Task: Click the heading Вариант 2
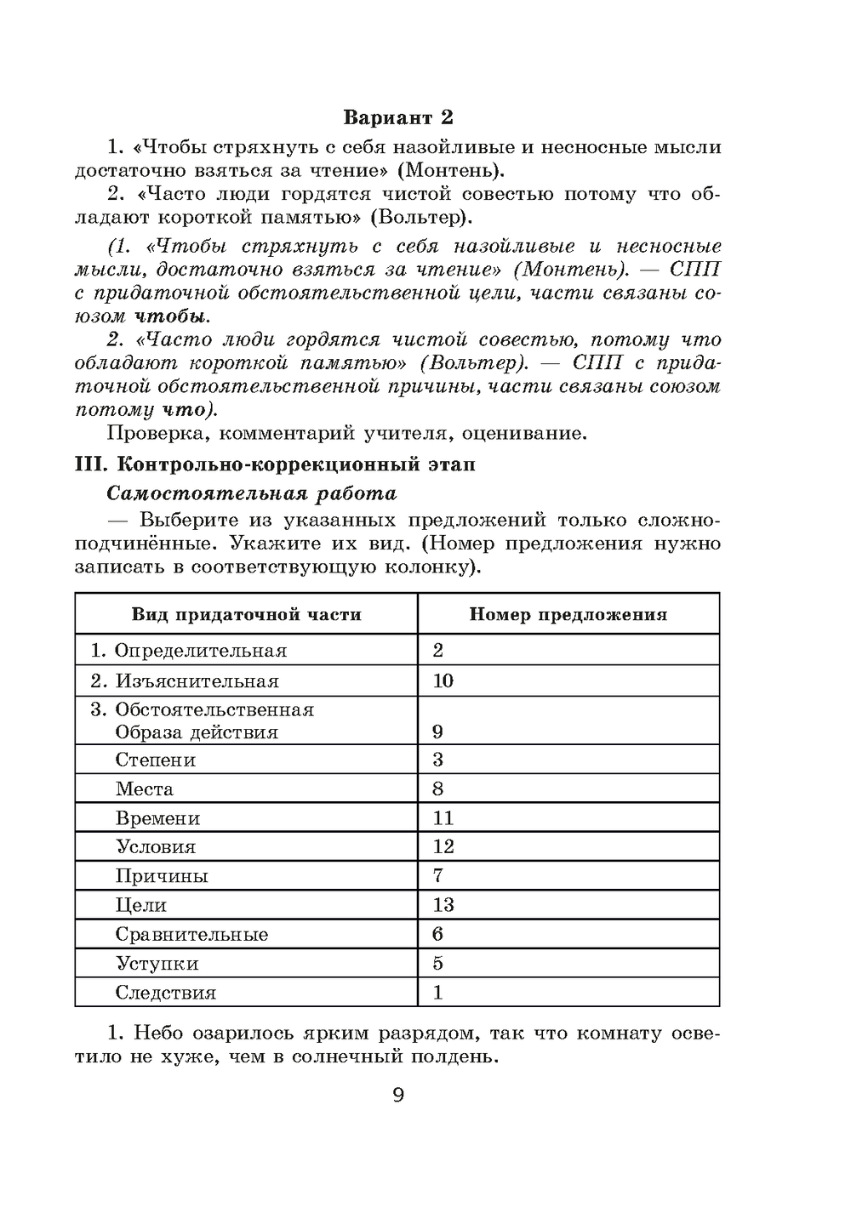[398, 117]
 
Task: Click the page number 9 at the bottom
[398, 1095]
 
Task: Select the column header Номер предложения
[568, 614]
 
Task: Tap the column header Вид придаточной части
[246, 614]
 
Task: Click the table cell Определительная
[200, 651]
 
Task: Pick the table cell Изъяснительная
[197, 681]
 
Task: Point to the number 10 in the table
[443, 680]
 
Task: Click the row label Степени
[156, 760]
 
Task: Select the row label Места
[145, 789]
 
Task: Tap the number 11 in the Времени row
[443, 818]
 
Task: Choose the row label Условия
[156, 847]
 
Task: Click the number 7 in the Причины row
[438, 875]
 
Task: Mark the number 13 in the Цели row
[443, 905]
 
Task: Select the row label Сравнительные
[192, 935]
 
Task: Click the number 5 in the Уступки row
[438, 963]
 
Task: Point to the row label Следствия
[166, 993]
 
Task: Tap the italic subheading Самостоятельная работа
[252, 493]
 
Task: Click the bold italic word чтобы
[170, 316]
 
